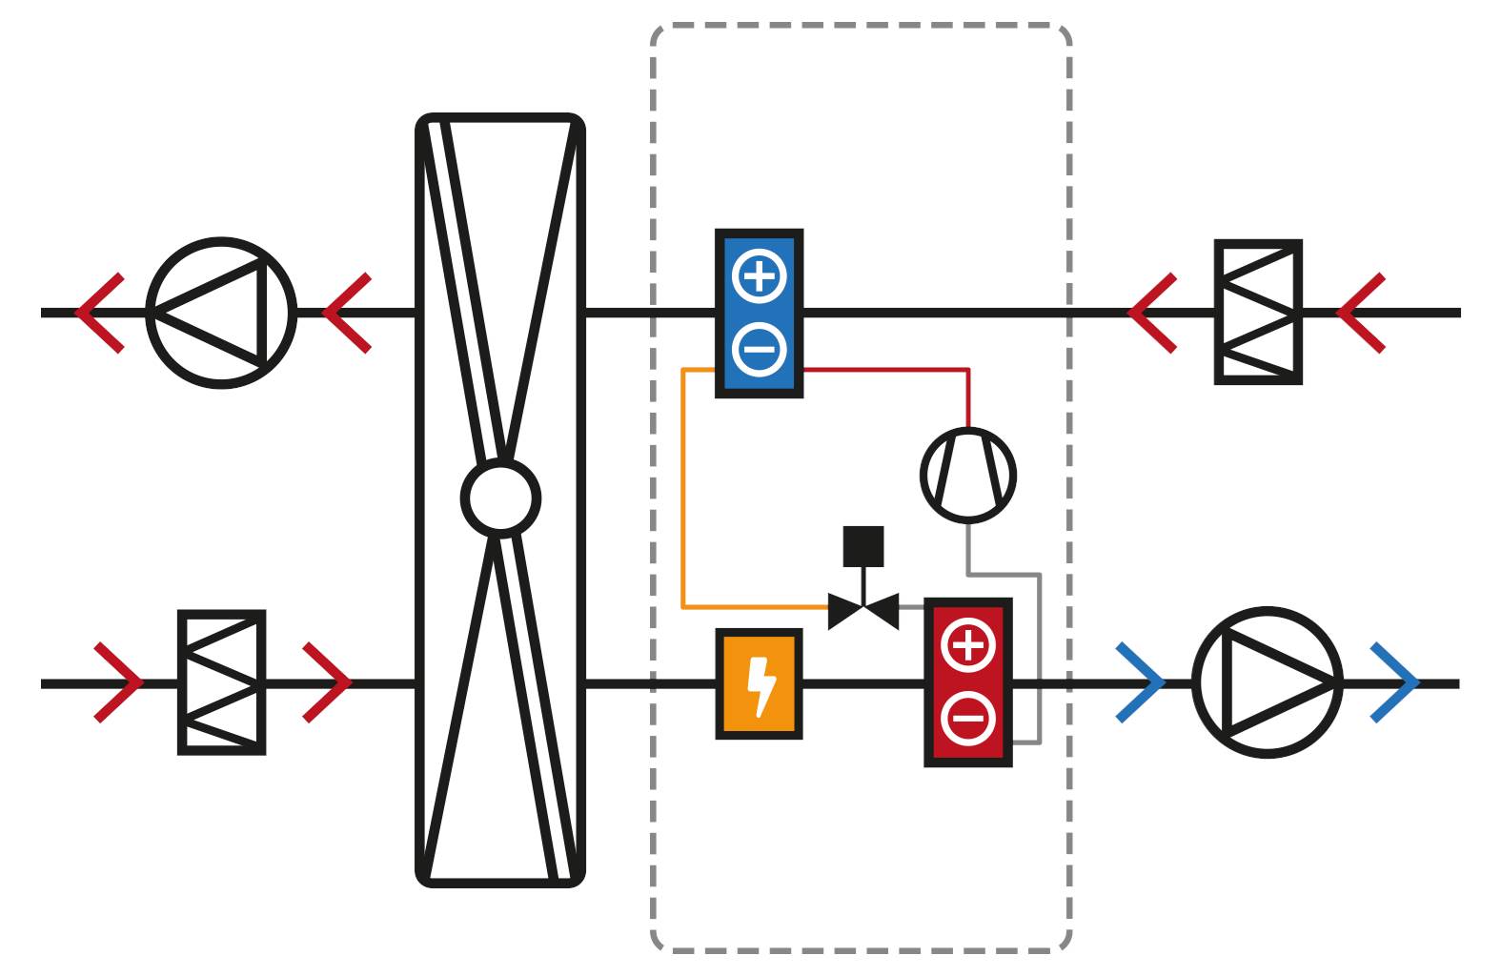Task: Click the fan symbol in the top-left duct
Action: (x=221, y=313)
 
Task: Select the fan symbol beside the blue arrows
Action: (x=1267, y=682)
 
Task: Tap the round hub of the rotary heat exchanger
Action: (x=500, y=498)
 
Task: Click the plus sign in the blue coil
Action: (x=760, y=276)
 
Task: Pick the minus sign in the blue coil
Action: (x=760, y=349)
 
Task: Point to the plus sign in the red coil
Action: (x=968, y=645)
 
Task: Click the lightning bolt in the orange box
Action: (x=760, y=684)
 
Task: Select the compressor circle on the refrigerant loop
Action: (x=968, y=475)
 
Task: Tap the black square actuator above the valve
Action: (x=863, y=546)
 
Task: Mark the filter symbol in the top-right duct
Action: (x=1258, y=313)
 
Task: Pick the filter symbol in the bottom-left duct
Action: (x=221, y=682)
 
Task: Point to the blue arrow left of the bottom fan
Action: (x=1142, y=682)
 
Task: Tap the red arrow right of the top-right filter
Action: (x=1361, y=313)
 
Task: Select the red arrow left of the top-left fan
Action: (x=99, y=313)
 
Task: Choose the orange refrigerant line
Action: (x=683, y=486)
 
